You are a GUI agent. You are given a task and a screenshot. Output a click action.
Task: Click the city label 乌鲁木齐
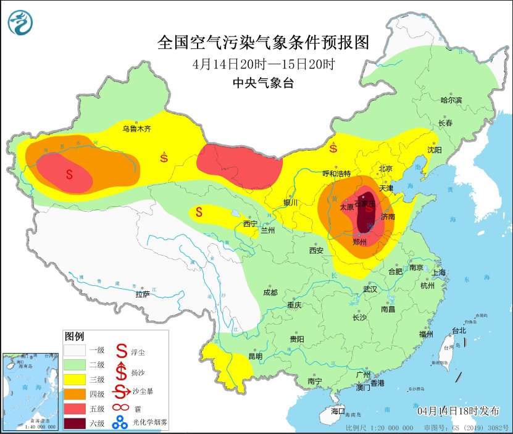(136, 129)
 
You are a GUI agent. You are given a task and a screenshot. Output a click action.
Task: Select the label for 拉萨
(142, 294)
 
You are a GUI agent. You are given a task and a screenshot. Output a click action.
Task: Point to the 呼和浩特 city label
(336, 173)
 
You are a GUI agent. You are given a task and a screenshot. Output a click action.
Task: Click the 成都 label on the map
(270, 293)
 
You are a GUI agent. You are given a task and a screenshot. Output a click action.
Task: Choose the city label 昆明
(255, 356)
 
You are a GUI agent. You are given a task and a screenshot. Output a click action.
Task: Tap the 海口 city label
(338, 411)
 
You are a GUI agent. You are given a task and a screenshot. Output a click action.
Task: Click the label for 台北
(459, 331)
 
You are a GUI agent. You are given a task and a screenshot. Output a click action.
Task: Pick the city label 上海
(440, 272)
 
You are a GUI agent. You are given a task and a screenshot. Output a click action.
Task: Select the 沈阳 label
(434, 150)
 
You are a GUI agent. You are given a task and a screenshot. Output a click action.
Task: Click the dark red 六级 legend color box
(75, 423)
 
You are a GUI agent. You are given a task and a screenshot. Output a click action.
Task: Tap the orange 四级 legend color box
(75, 393)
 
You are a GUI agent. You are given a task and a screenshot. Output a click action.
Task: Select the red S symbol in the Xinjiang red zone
(69, 175)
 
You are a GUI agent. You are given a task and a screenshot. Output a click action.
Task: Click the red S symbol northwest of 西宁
(199, 212)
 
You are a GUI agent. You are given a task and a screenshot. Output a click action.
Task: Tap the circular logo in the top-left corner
(20, 23)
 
